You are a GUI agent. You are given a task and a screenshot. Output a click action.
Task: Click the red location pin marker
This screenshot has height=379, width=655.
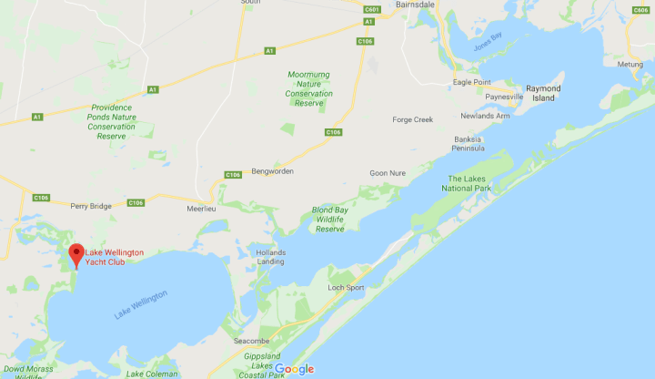click(76, 254)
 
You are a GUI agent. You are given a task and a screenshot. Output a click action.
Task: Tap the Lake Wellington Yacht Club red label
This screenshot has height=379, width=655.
click(114, 257)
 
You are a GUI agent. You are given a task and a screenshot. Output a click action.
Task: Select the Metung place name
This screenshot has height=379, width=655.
click(629, 65)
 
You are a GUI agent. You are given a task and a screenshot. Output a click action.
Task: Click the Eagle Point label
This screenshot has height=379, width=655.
click(472, 82)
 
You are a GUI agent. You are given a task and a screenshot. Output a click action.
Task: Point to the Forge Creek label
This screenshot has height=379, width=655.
click(412, 119)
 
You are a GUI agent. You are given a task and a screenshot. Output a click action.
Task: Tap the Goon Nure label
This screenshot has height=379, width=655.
click(386, 173)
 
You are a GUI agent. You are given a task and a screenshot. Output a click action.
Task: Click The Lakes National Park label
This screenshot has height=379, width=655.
click(469, 183)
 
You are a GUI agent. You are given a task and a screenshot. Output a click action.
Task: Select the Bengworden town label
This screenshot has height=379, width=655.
click(272, 171)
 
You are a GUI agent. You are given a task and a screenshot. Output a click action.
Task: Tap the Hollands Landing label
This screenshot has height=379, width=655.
click(271, 257)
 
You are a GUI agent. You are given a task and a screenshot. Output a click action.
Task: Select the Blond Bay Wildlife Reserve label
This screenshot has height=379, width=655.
click(328, 220)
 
